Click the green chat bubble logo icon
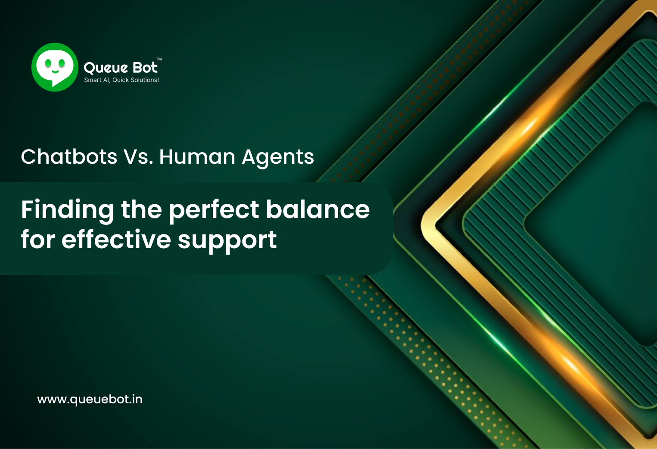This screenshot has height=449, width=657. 55,67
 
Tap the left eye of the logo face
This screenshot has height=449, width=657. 48,64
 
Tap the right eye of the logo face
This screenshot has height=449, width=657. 62,64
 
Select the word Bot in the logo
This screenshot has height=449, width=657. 145,67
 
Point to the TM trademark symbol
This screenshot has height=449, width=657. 159,59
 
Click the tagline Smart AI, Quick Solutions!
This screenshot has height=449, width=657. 121,80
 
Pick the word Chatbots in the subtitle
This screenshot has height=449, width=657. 69,157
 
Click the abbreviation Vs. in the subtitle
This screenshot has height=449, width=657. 138,157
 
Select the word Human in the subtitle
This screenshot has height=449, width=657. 196,157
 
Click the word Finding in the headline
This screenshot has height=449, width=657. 67,210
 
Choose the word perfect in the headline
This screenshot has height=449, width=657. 214,210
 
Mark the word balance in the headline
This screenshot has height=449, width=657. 318,209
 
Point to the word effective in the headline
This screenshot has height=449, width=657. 116,240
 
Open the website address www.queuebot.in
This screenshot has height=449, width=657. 90,399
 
